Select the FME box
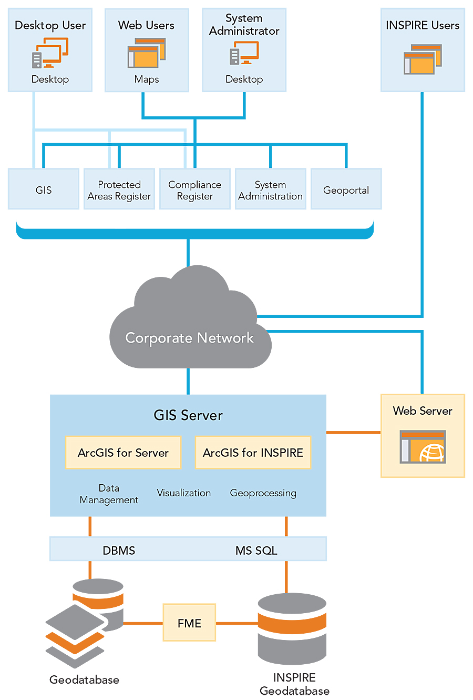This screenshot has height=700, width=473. coord(189,623)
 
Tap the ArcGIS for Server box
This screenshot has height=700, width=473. coord(123,453)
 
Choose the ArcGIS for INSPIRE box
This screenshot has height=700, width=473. coord(253,453)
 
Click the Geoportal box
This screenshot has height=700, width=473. coord(346,189)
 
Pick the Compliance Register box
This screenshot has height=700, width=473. coord(194,189)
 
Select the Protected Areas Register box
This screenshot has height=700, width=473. coord(119,189)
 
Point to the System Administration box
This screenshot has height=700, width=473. coord(270,189)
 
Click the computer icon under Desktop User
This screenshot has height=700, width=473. coord(50,53)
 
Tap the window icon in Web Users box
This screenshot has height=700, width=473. coord(146,53)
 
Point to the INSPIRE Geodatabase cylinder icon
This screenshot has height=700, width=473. coord(292,629)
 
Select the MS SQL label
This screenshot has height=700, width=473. coord(256,551)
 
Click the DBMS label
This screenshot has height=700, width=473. coord(119,551)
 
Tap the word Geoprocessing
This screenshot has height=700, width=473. coord(263,493)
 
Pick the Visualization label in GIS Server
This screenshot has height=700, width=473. coord(184,493)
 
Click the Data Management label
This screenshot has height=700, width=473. coord(109,494)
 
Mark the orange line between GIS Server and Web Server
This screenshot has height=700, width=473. coord(353,433)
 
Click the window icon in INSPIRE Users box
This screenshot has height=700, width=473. coord(423,59)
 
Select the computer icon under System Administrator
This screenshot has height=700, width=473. coord(244,53)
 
